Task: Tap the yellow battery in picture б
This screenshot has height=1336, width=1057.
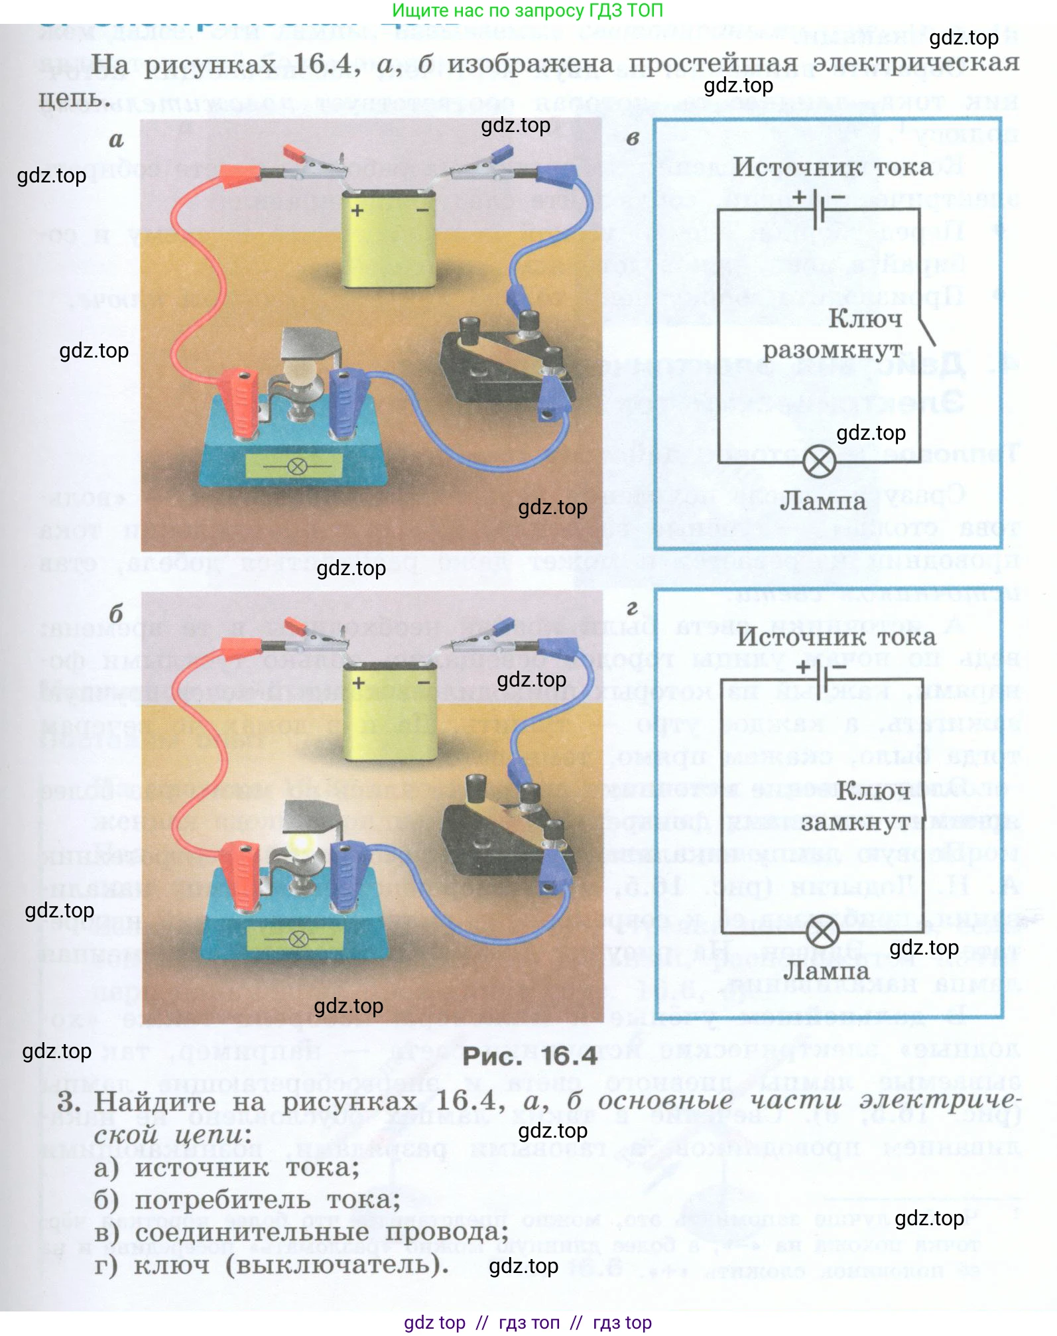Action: [390, 713]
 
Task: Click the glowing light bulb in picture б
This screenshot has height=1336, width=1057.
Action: [302, 843]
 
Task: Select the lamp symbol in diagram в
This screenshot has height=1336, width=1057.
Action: [819, 462]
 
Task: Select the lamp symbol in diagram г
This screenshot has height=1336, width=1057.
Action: [823, 933]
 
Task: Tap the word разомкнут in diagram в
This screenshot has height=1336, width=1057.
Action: [832, 350]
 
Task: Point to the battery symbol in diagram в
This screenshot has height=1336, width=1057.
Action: [820, 208]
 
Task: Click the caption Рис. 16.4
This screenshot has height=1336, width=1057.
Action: [529, 1056]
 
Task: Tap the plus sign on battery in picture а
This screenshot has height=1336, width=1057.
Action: [357, 211]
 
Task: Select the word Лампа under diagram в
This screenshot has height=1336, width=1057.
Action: [823, 501]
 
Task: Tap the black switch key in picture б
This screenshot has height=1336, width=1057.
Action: [507, 833]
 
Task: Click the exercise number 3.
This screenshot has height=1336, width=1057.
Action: [69, 1102]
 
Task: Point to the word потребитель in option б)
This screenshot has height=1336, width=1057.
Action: [223, 1201]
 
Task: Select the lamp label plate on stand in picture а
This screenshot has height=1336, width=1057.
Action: [294, 466]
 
